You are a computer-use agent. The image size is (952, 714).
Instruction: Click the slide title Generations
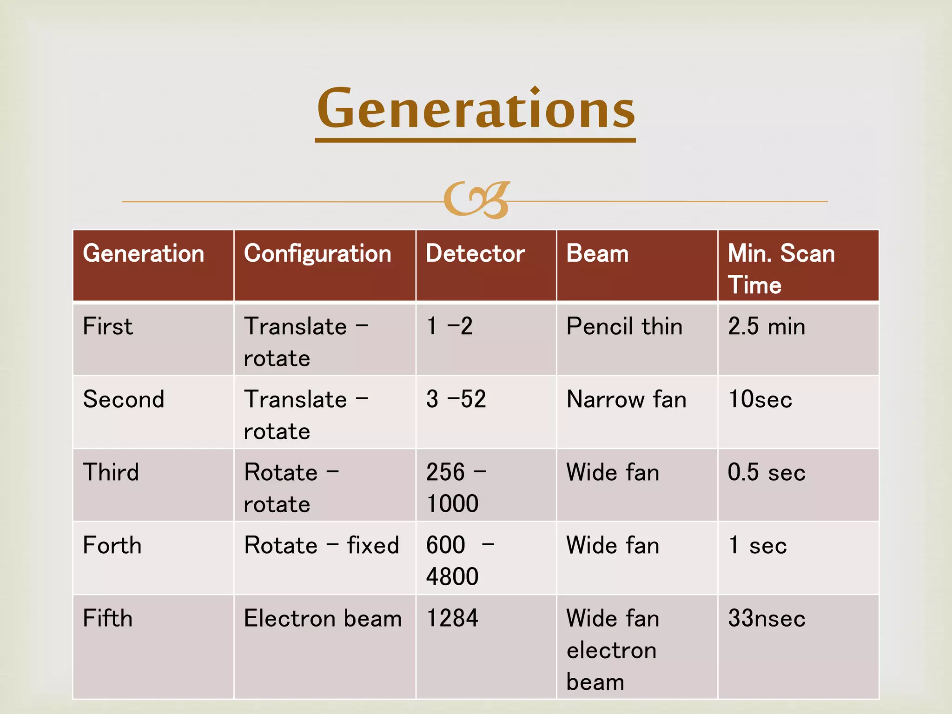click(476, 109)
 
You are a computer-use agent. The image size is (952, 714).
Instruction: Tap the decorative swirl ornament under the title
click(476, 200)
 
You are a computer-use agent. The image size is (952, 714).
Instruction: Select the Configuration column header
click(317, 254)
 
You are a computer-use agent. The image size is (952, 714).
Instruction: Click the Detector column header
click(475, 254)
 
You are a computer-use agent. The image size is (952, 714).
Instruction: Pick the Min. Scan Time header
click(781, 269)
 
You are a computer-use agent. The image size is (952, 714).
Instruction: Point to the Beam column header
click(597, 254)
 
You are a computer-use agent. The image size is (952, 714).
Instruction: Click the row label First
click(108, 326)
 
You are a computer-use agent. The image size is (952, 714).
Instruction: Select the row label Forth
click(112, 545)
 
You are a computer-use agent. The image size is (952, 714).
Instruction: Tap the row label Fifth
click(108, 618)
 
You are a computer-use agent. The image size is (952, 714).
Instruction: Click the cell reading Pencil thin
click(624, 326)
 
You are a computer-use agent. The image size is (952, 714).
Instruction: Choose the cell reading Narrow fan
click(626, 399)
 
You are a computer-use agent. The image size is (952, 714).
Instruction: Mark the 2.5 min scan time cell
click(766, 326)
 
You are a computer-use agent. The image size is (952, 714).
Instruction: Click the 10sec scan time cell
click(760, 399)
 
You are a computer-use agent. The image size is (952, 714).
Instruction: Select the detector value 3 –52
click(456, 399)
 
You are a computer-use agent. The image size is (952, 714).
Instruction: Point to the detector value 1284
click(452, 618)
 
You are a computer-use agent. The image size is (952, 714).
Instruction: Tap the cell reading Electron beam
click(323, 618)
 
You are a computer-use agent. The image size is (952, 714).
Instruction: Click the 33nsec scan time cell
click(766, 618)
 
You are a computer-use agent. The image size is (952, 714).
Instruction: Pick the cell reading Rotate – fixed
click(322, 545)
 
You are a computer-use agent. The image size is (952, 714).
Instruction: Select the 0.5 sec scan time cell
click(766, 472)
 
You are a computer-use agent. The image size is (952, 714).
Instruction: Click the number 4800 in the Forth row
click(452, 576)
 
